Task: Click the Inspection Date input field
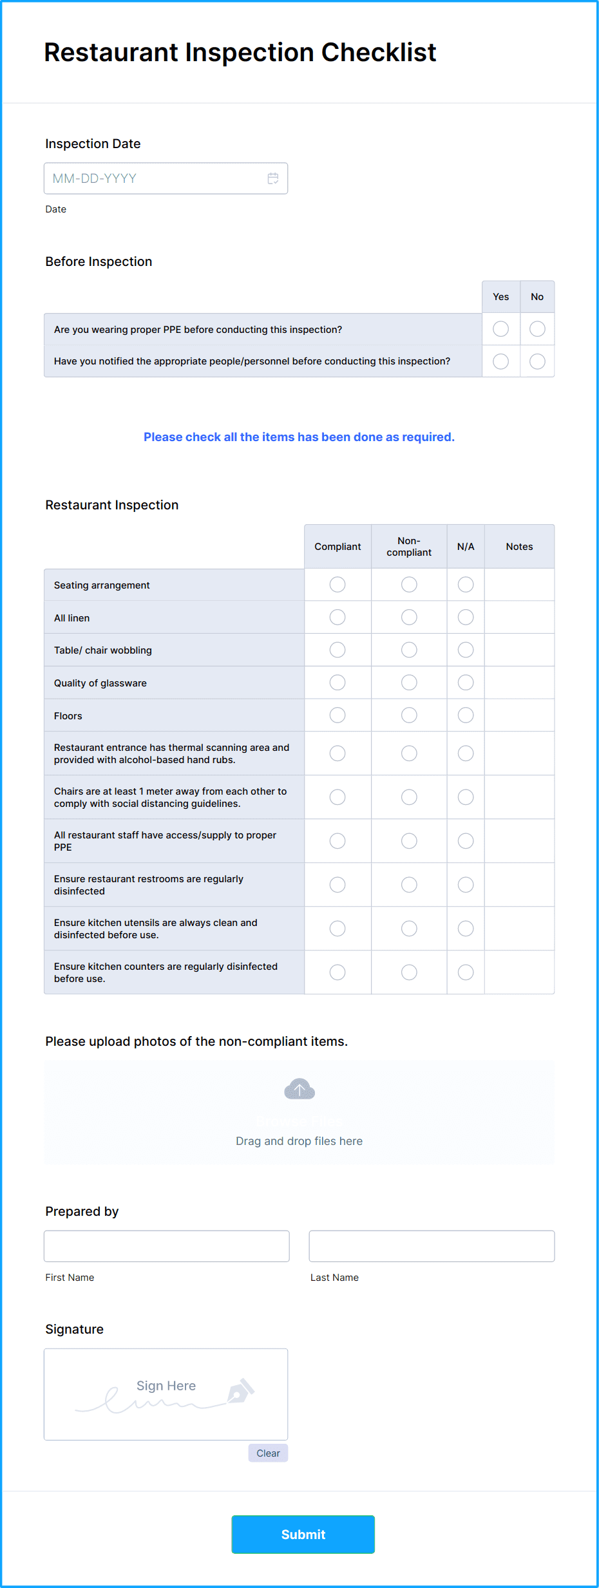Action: (x=158, y=178)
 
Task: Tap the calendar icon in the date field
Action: (x=273, y=178)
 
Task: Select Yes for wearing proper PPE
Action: (x=500, y=329)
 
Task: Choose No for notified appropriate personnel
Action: (x=537, y=361)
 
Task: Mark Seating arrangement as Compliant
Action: (x=338, y=585)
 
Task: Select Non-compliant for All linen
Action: (x=409, y=618)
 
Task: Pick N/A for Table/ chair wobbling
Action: (x=466, y=650)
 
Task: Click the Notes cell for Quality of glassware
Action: (x=519, y=683)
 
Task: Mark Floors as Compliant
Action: (x=338, y=715)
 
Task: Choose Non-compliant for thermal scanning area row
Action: (x=409, y=753)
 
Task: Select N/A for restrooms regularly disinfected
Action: (x=466, y=885)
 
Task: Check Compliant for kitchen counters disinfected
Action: (x=338, y=972)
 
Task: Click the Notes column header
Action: (x=519, y=547)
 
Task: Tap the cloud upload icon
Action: (x=299, y=1089)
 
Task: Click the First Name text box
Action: (x=166, y=1246)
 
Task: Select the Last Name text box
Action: (x=432, y=1246)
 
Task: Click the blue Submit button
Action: (x=303, y=1535)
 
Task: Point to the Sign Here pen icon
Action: (x=241, y=1392)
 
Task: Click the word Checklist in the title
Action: (x=379, y=53)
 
